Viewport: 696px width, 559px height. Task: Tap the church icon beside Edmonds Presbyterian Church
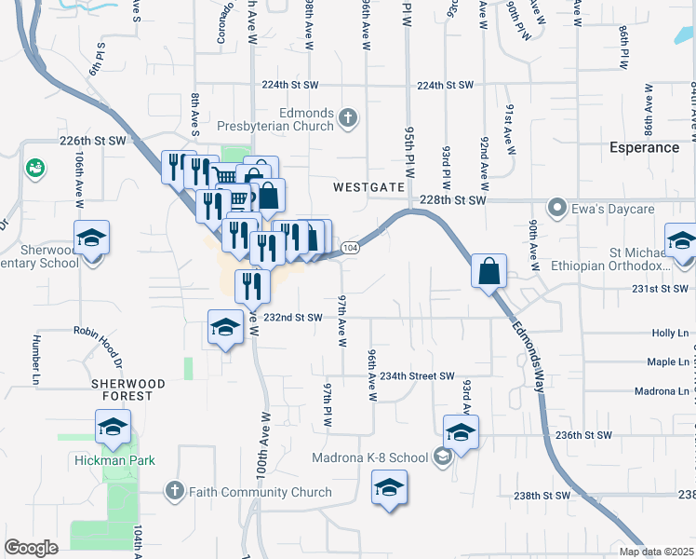347,117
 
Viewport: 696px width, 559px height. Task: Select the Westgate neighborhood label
370,187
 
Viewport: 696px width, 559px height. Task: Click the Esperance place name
644,147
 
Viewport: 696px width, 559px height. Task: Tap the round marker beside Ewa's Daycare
557,206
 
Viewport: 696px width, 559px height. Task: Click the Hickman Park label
115,460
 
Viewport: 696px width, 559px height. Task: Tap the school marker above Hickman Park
113,428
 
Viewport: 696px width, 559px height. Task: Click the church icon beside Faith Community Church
174,490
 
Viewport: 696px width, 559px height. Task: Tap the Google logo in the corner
31,547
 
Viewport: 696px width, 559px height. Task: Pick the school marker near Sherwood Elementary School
91,239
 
